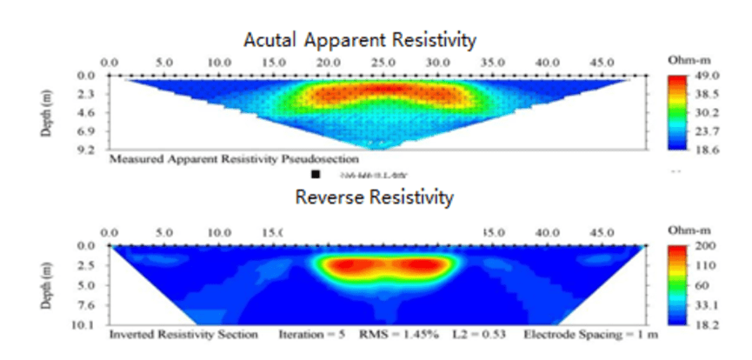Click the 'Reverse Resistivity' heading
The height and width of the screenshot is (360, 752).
point(374,197)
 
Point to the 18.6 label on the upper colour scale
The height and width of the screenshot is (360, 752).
point(700,150)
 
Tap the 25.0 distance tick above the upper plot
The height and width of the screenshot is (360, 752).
point(383,63)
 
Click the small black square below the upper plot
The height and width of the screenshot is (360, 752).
point(315,175)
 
